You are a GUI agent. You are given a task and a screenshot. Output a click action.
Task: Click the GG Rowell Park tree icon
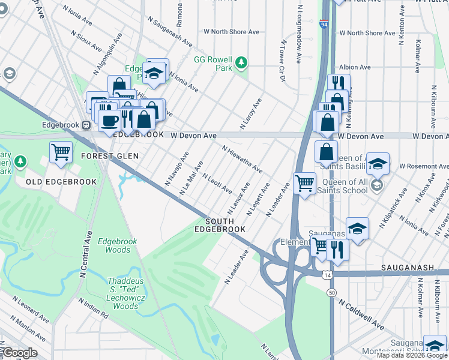coord(241,62)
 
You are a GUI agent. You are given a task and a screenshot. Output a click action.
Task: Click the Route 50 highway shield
coord(331,292)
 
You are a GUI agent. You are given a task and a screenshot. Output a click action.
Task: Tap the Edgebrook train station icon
coord(86,125)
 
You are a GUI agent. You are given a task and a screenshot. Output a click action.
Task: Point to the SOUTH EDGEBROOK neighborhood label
coord(224,225)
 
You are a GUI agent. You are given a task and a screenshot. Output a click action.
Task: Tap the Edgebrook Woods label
coord(118,245)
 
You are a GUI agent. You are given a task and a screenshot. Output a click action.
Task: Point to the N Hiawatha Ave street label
coord(242,159)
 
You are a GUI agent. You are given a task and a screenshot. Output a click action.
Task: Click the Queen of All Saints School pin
coord(376,184)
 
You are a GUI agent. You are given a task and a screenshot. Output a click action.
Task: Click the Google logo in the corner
coord(19,353)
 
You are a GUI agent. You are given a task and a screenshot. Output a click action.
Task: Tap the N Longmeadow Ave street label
coord(298,35)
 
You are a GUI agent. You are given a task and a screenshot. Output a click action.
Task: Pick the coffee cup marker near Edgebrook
coord(109,121)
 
